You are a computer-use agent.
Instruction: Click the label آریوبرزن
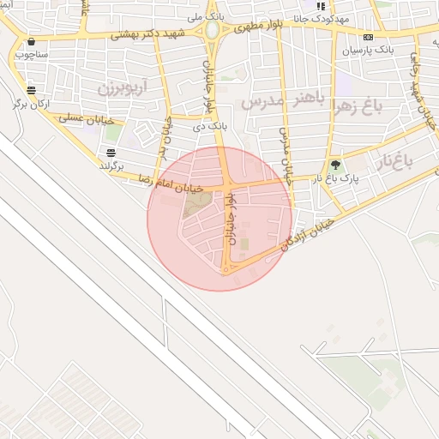[x=122, y=87]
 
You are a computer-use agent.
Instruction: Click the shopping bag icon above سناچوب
[x=32, y=41]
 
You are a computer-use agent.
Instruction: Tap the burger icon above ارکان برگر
[x=31, y=89]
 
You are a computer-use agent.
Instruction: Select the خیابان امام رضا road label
[x=171, y=183]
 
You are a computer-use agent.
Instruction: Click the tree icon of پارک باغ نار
[x=334, y=165]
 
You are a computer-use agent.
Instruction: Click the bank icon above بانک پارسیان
[x=369, y=37]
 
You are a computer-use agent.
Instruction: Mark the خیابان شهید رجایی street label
[x=417, y=86]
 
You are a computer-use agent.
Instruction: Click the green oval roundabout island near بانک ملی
[x=212, y=31]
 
